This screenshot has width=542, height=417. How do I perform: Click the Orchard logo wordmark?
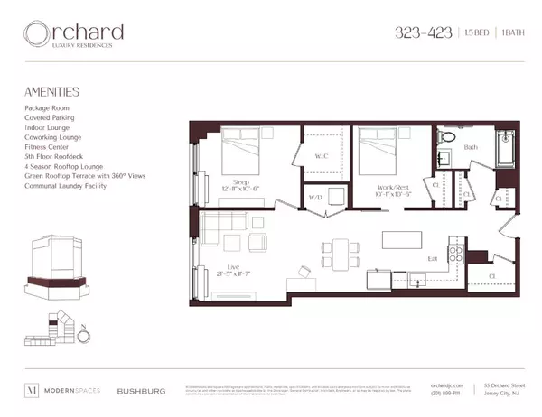pyautogui.click(x=75, y=34)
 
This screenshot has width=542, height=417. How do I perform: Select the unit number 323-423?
pyautogui.click(x=421, y=33)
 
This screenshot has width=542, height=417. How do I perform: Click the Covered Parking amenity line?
pyautogui.click(x=51, y=117)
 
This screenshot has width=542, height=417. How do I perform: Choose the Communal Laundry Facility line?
pyautogui.click(x=66, y=186)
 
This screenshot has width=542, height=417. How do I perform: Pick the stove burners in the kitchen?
pyautogui.click(x=457, y=253)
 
